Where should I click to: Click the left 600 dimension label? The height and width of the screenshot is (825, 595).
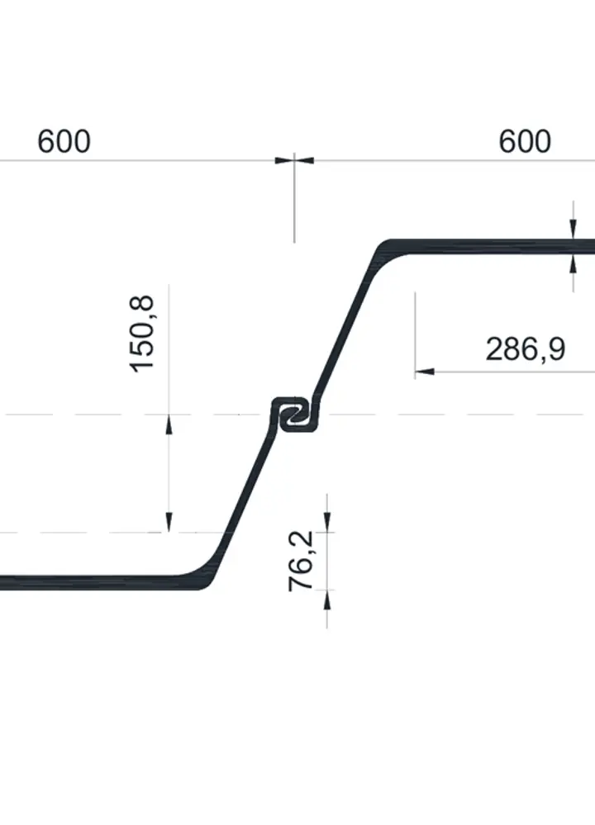pos(64,141)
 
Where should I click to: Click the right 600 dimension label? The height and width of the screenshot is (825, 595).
pos(525,141)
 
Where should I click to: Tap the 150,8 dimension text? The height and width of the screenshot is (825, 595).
pos(143,334)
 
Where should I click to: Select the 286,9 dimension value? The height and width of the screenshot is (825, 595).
pos(526,348)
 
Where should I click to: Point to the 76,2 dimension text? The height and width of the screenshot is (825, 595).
pos(302,561)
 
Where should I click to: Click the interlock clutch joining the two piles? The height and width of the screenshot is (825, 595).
pos(295,415)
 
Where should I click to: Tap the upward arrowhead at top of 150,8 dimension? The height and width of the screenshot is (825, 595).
pos(169,424)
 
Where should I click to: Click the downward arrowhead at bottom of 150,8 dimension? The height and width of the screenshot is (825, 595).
pos(169,522)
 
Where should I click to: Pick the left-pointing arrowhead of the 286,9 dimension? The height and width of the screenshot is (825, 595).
pos(425,372)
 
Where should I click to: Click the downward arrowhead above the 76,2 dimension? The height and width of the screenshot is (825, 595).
pos(327,522)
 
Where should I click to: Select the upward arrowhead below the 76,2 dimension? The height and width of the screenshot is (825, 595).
pos(327,600)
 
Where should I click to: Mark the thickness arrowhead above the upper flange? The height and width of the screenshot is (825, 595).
pos(574,230)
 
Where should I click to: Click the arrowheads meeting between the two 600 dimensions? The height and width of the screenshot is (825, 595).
pos(294,160)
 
